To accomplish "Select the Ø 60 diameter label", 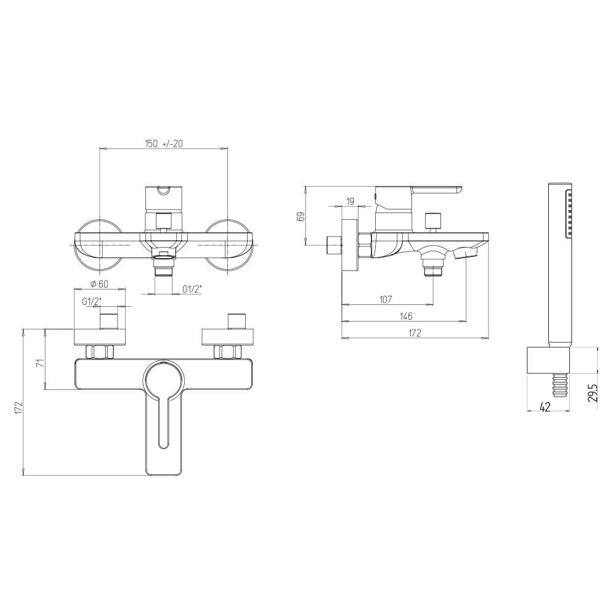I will point(99,283).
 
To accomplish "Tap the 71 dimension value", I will point(40,363).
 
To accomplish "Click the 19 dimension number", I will point(350,201).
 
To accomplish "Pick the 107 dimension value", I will point(386,299).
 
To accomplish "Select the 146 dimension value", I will point(405,316).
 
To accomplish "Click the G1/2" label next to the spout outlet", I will point(192,290).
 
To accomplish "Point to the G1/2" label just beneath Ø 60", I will point(92,301).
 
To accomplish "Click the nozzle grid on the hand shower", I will point(570,214).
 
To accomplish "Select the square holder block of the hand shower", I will point(549,360).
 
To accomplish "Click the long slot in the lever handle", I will point(163,425).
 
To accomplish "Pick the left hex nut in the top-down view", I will point(100,352).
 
